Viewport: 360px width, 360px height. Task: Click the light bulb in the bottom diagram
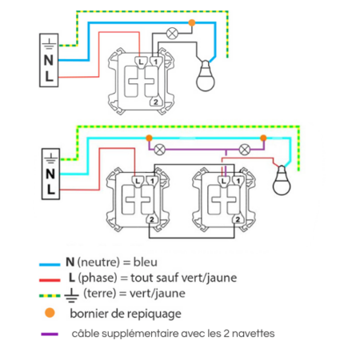(281, 180)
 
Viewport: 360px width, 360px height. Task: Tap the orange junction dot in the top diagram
(190, 23)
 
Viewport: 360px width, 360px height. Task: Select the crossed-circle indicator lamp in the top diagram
(170, 34)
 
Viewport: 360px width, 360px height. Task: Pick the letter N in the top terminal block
(50, 59)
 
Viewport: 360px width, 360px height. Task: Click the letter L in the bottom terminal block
(50, 189)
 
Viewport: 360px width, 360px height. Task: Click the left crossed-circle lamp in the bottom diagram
(160, 149)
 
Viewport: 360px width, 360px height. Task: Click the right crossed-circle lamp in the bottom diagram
(246, 149)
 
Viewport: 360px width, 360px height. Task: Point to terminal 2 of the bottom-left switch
(150, 218)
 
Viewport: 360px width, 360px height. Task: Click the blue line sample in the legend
(51, 262)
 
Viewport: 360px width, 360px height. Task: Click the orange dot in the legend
(51, 314)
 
